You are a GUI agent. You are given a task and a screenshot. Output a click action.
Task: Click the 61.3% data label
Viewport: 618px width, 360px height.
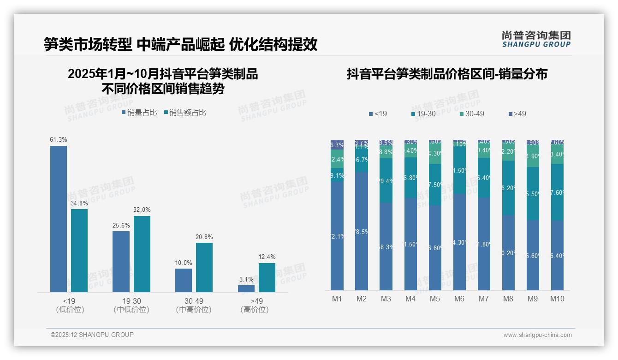coord(59,139)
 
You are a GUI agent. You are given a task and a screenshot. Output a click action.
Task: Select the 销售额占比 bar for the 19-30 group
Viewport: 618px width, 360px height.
coord(142,254)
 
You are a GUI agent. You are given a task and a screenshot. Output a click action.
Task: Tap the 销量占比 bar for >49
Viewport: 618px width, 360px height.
coord(246,288)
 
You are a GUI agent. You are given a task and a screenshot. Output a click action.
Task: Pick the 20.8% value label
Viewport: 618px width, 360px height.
coord(204,237)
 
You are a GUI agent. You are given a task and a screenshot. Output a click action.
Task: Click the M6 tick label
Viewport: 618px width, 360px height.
coord(459,299)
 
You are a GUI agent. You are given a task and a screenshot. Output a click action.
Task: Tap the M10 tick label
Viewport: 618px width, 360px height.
coord(557,299)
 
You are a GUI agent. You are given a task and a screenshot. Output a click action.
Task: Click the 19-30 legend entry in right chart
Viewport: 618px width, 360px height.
coord(423,114)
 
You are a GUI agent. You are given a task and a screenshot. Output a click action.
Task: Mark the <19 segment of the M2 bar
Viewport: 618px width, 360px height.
coord(362,231)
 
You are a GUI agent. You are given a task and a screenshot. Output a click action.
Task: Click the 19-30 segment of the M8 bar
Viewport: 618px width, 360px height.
coord(508,188)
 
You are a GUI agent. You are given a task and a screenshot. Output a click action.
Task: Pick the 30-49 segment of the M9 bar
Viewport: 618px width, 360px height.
coord(533,156)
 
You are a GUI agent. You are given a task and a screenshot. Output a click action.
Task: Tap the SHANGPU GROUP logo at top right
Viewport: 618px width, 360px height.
coord(536,39)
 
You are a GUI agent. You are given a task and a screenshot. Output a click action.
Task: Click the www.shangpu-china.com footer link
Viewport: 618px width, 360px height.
coord(537,335)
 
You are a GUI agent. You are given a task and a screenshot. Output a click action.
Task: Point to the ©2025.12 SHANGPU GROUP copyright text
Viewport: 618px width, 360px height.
coord(92,335)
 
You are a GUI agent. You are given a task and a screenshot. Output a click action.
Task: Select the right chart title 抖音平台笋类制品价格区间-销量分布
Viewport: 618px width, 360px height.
coord(446,74)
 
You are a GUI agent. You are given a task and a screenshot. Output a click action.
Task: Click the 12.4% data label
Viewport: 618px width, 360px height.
coord(267,257)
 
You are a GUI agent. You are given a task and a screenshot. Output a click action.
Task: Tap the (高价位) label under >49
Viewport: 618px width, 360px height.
coord(254,310)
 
